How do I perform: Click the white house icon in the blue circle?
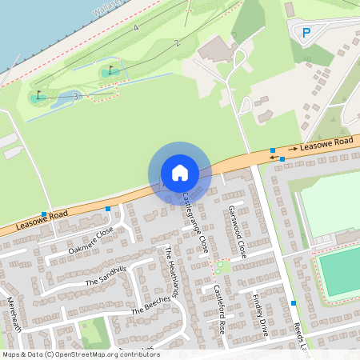coord(180,172)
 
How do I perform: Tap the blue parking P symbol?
coord(306,33)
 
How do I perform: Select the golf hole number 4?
coord(136,28)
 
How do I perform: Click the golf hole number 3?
coord(75,96)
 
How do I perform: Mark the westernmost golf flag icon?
coord(38,95)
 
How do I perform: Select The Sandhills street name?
coord(106,276)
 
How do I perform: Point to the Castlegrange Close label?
coord(195,222)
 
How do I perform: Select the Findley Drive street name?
coord(258,314)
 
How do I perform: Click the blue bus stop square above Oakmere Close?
coord(108,210)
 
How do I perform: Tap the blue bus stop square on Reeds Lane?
coord(294,303)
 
